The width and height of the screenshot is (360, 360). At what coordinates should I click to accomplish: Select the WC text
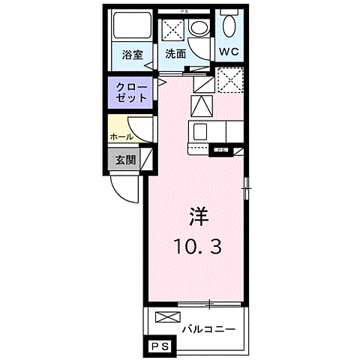pyautogui.click(x=229, y=52)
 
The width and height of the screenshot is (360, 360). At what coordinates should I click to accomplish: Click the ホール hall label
pyautogui.click(x=121, y=137)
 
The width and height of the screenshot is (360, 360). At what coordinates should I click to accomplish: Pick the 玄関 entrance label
pyautogui.click(x=124, y=160)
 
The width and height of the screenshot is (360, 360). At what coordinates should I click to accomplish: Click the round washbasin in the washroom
pyautogui.click(x=199, y=28)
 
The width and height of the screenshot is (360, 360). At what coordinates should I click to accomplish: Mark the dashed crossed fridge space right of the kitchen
pyautogui.click(x=229, y=79)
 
